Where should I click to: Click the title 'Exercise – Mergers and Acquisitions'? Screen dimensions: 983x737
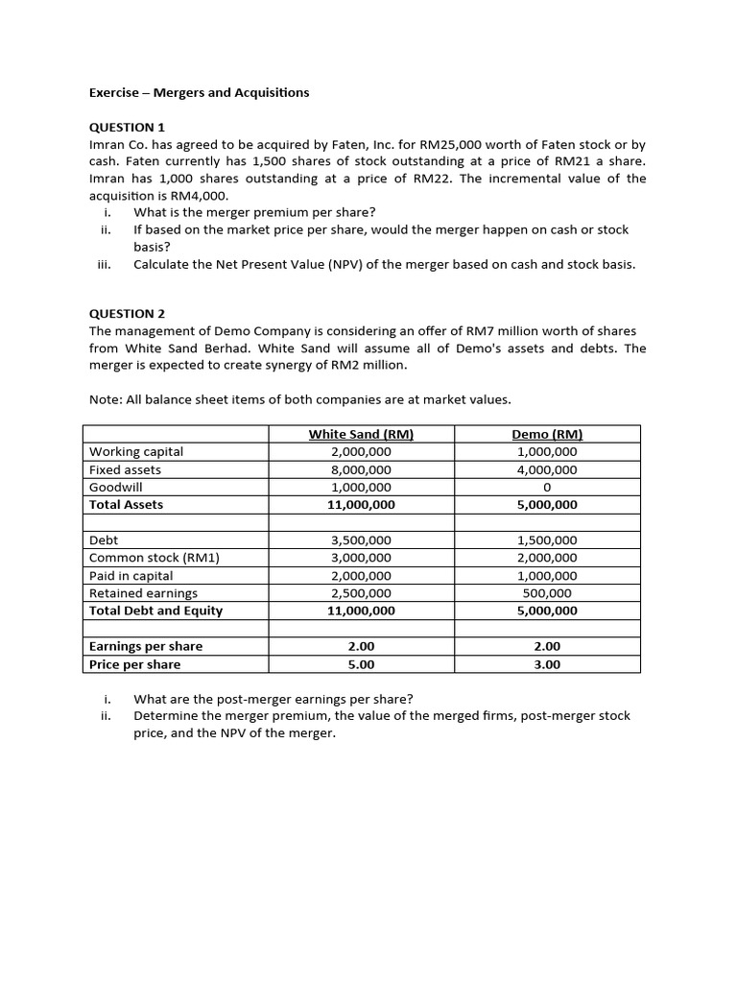coord(199,93)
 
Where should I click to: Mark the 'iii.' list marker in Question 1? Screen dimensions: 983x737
coord(106,264)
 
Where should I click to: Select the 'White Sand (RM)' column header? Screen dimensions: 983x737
coord(361,434)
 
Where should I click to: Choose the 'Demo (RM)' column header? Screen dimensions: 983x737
coord(546,434)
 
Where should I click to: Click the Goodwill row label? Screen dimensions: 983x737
coord(115,487)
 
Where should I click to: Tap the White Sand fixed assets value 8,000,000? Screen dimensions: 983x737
coord(361,469)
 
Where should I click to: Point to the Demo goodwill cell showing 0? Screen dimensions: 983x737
coord(546,487)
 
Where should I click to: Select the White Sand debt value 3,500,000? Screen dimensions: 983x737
coord(361,540)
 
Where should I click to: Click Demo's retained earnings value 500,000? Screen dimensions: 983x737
coord(546,593)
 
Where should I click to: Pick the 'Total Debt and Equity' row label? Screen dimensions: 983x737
coord(155,611)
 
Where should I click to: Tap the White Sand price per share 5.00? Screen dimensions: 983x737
coord(361,664)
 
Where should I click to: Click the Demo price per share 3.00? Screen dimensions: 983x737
coord(546,664)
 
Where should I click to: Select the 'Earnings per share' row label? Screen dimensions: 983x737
coord(146,646)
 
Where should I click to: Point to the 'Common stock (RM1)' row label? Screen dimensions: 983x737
coord(154,558)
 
